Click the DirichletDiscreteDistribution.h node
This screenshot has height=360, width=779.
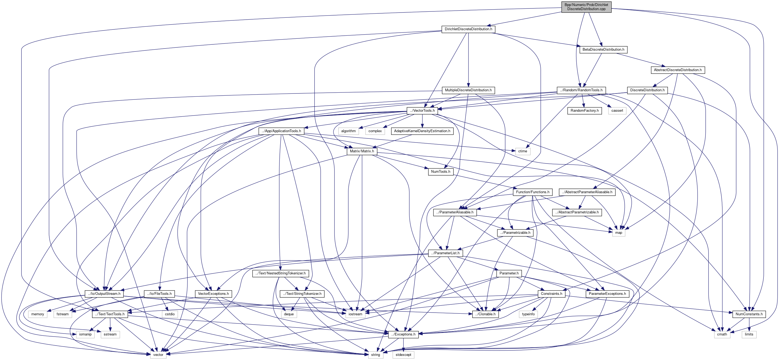click(468, 29)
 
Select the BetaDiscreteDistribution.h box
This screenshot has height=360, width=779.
click(603, 49)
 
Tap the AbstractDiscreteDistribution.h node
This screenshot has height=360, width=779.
click(677, 70)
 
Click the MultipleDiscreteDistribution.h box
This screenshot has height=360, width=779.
click(468, 90)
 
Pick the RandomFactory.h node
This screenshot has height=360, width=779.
click(584, 110)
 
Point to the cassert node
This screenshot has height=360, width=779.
click(617, 110)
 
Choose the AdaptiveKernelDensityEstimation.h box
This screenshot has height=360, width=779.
click(422, 131)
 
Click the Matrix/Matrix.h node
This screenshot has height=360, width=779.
click(362, 151)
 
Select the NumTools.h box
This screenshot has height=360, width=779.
click(440, 171)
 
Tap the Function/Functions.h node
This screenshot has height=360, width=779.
click(532, 192)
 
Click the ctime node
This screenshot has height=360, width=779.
click(523, 151)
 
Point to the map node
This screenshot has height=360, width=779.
click(618, 233)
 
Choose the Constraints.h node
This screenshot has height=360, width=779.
click(551, 294)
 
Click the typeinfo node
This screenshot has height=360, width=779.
click(528, 314)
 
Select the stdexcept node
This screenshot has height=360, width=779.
click(403, 355)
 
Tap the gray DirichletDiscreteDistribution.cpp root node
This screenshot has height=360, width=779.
click(586, 7)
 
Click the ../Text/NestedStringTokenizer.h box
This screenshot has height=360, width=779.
click(280, 273)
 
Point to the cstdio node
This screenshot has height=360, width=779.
click(170, 314)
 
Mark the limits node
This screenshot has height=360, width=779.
click(749, 334)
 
